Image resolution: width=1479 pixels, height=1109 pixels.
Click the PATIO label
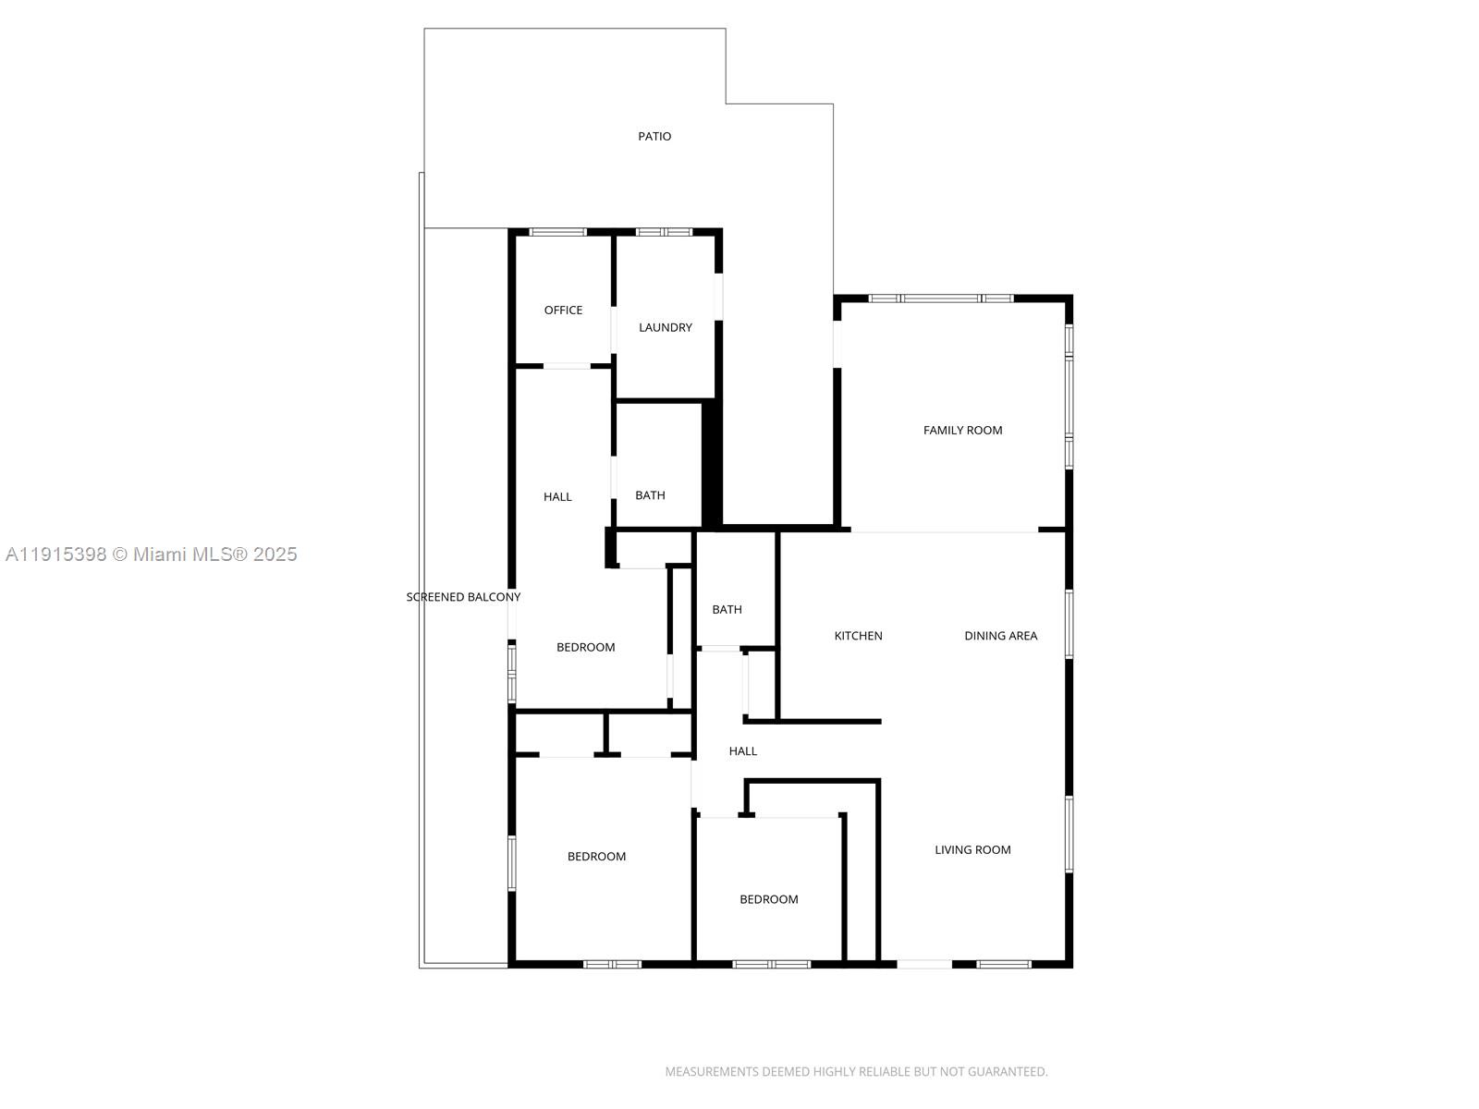pos(654,137)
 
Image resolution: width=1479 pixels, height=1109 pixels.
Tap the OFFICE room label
pos(563,311)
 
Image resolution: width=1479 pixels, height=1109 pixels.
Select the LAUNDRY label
pos(666,327)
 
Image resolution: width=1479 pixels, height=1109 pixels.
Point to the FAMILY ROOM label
pos(962,430)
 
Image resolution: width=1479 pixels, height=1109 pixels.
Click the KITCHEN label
pos(858,636)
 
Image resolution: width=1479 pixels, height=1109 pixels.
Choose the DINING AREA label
pos(1000,636)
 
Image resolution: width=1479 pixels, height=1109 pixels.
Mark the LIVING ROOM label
pos(972,850)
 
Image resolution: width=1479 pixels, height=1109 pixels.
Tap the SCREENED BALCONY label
pos(463,597)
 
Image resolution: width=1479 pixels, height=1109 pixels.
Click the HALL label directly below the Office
pos(557,497)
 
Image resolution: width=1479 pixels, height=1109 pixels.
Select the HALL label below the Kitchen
pos(742,751)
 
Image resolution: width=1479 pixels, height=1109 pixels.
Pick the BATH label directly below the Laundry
pos(650,495)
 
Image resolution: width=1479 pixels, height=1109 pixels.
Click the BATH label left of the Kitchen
pos(727,610)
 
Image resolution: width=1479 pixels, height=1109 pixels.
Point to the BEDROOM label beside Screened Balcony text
pos(585,648)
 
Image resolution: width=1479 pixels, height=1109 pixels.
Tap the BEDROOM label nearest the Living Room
pos(768,899)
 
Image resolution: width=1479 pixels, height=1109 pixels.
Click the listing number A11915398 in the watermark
pos(55,554)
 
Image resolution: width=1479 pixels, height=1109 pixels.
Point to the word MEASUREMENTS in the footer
pos(711,1072)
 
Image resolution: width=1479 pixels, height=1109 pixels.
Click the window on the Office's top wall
pos(557,232)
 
